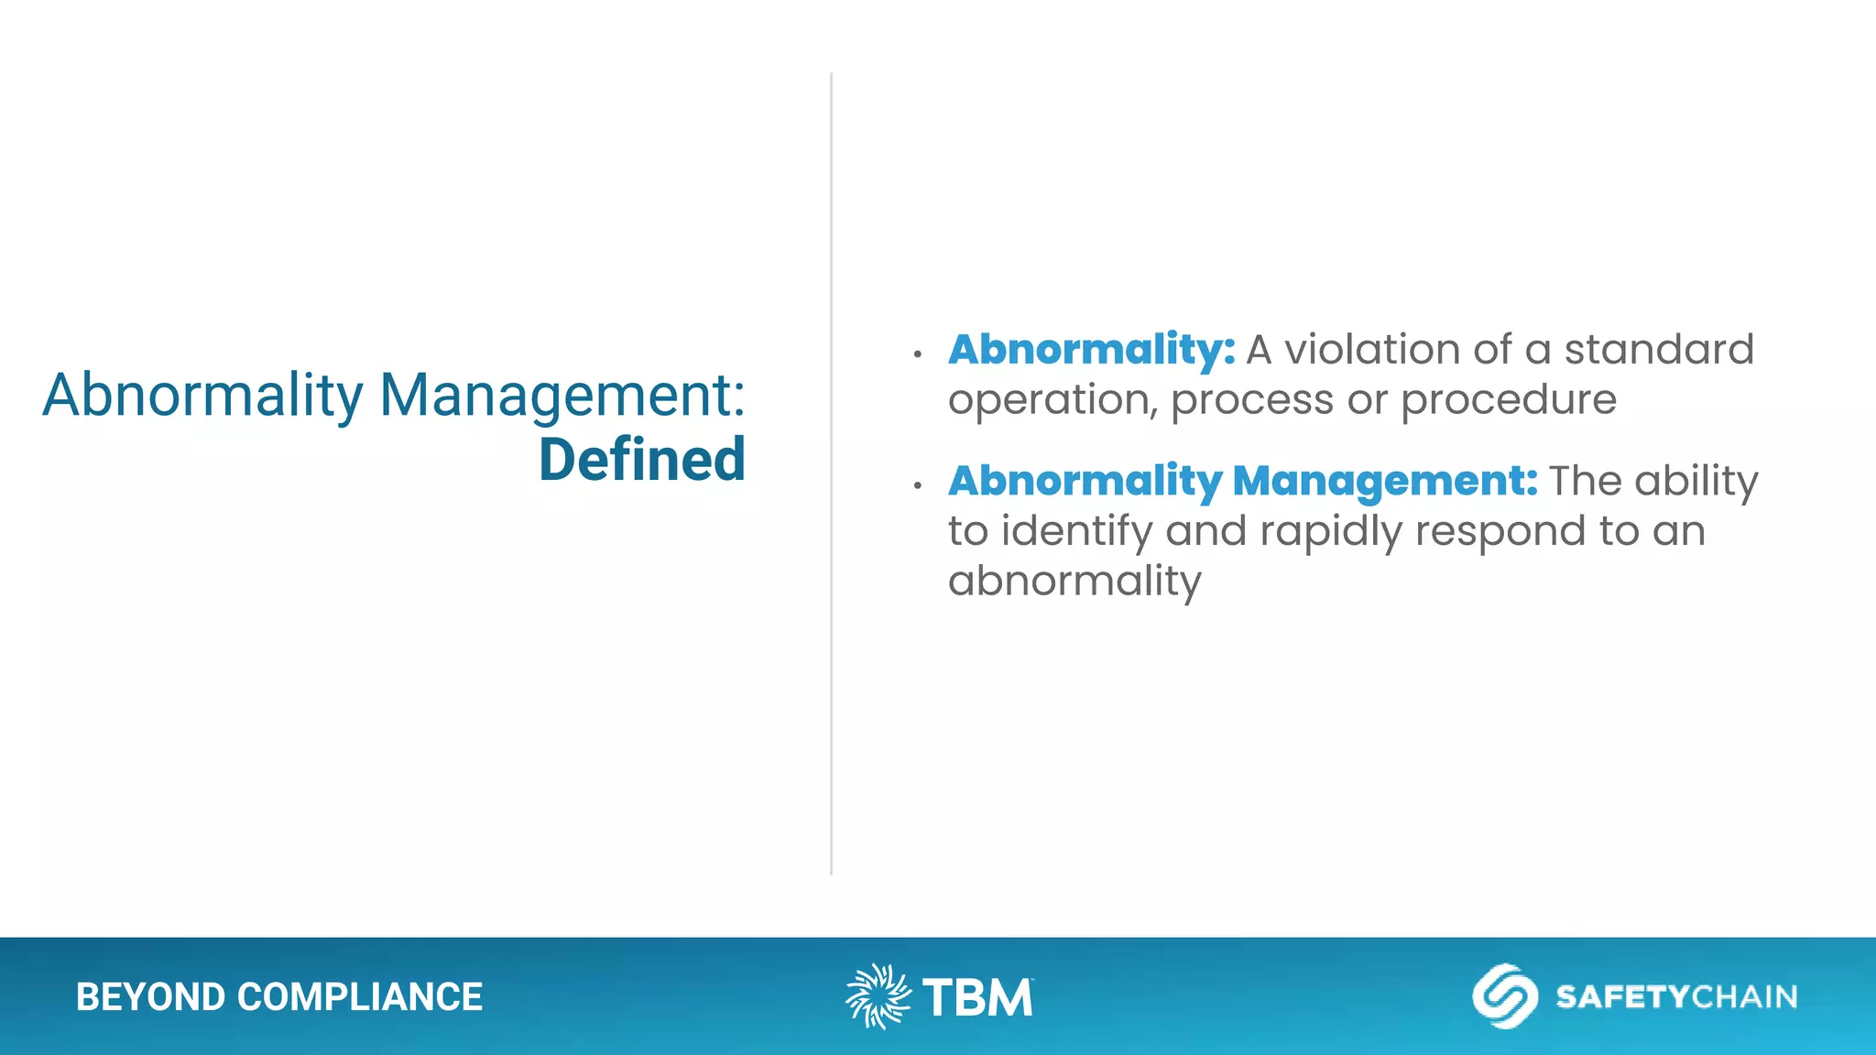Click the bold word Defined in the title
coord(641,460)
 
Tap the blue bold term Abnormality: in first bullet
coord(1091,350)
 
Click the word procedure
coord(1508,400)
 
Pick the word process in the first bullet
coord(1251,400)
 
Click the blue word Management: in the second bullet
coord(1385,481)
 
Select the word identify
coord(1076,531)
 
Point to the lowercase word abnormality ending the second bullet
coord(1074,582)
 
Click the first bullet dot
coord(917,353)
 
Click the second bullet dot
coord(917,484)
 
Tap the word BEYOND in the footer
coord(150,997)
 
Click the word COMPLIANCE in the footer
coord(360,997)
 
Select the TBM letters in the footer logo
coord(977,997)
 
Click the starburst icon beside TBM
coord(878,996)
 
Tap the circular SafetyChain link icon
coord(1504,996)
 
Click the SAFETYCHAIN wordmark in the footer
coord(1676,996)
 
